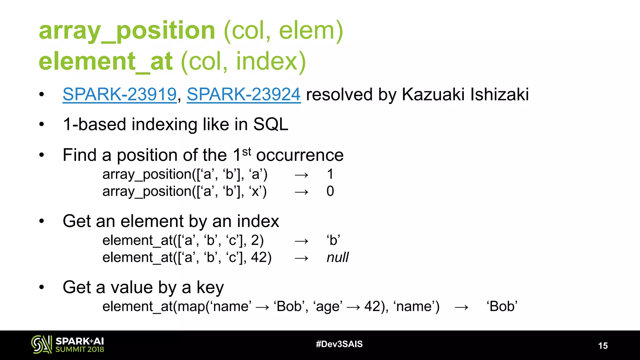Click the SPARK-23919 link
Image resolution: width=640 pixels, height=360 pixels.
pyautogui.click(x=120, y=94)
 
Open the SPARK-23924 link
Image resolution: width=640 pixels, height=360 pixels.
pyautogui.click(x=244, y=94)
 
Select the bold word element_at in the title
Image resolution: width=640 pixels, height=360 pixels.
pyautogui.click(x=106, y=61)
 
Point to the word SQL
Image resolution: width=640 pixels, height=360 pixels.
pyautogui.click(x=271, y=124)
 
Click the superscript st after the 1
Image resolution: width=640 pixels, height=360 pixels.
pyautogui.click(x=247, y=152)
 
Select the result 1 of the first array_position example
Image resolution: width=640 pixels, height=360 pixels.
pyautogui.click(x=330, y=174)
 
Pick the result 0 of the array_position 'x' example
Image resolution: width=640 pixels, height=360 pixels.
pyautogui.click(x=330, y=191)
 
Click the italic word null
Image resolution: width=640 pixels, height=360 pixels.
pyautogui.click(x=337, y=257)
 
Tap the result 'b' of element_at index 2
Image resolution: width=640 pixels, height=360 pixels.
pyautogui.click(x=333, y=240)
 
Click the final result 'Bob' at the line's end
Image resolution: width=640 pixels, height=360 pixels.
pyautogui.click(x=502, y=306)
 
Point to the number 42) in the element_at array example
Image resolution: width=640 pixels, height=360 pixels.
pyautogui.click(x=261, y=257)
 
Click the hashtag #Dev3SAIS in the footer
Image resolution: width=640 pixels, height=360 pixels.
pyautogui.click(x=339, y=344)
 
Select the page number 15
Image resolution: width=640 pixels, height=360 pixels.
pyautogui.click(x=603, y=346)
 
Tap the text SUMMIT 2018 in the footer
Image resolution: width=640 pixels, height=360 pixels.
pyautogui.click(x=80, y=349)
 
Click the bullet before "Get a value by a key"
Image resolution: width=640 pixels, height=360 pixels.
pyautogui.click(x=42, y=287)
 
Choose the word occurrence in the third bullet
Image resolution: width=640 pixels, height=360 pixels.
pyautogui.click(x=300, y=155)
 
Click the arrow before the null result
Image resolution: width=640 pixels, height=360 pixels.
pyautogui.click(x=302, y=258)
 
